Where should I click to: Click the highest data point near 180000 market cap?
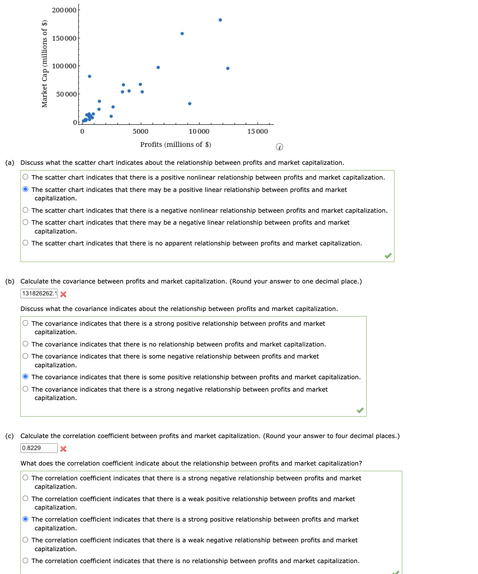pyautogui.click(x=220, y=20)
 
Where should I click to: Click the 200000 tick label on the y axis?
pyautogui.click(x=64, y=10)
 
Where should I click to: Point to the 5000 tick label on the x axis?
pyautogui.click(x=140, y=131)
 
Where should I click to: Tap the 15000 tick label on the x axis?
pyautogui.click(x=257, y=131)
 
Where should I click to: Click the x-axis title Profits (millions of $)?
pyautogui.click(x=176, y=144)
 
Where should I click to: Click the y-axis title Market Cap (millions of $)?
pyautogui.click(x=44, y=64)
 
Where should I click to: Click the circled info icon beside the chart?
pyautogui.click(x=279, y=147)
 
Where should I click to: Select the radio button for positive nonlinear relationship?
pyautogui.click(x=25, y=177)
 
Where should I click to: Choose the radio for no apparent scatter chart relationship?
pyautogui.click(x=25, y=243)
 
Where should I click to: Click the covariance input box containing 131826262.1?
pyautogui.click(x=39, y=293)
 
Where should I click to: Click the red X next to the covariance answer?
pyautogui.click(x=63, y=294)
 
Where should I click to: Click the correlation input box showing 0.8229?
pyautogui.click(x=39, y=448)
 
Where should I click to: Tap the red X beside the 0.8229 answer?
pyautogui.click(x=63, y=449)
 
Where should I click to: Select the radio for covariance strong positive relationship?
pyautogui.click(x=25, y=323)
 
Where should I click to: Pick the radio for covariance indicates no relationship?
pyautogui.click(x=25, y=344)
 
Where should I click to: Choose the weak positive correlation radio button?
pyautogui.click(x=25, y=499)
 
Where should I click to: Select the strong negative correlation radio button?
pyautogui.click(x=25, y=478)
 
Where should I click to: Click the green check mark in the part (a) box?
pyautogui.click(x=388, y=256)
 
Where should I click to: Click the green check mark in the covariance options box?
pyautogui.click(x=360, y=410)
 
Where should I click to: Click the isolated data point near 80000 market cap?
pyautogui.click(x=90, y=76)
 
